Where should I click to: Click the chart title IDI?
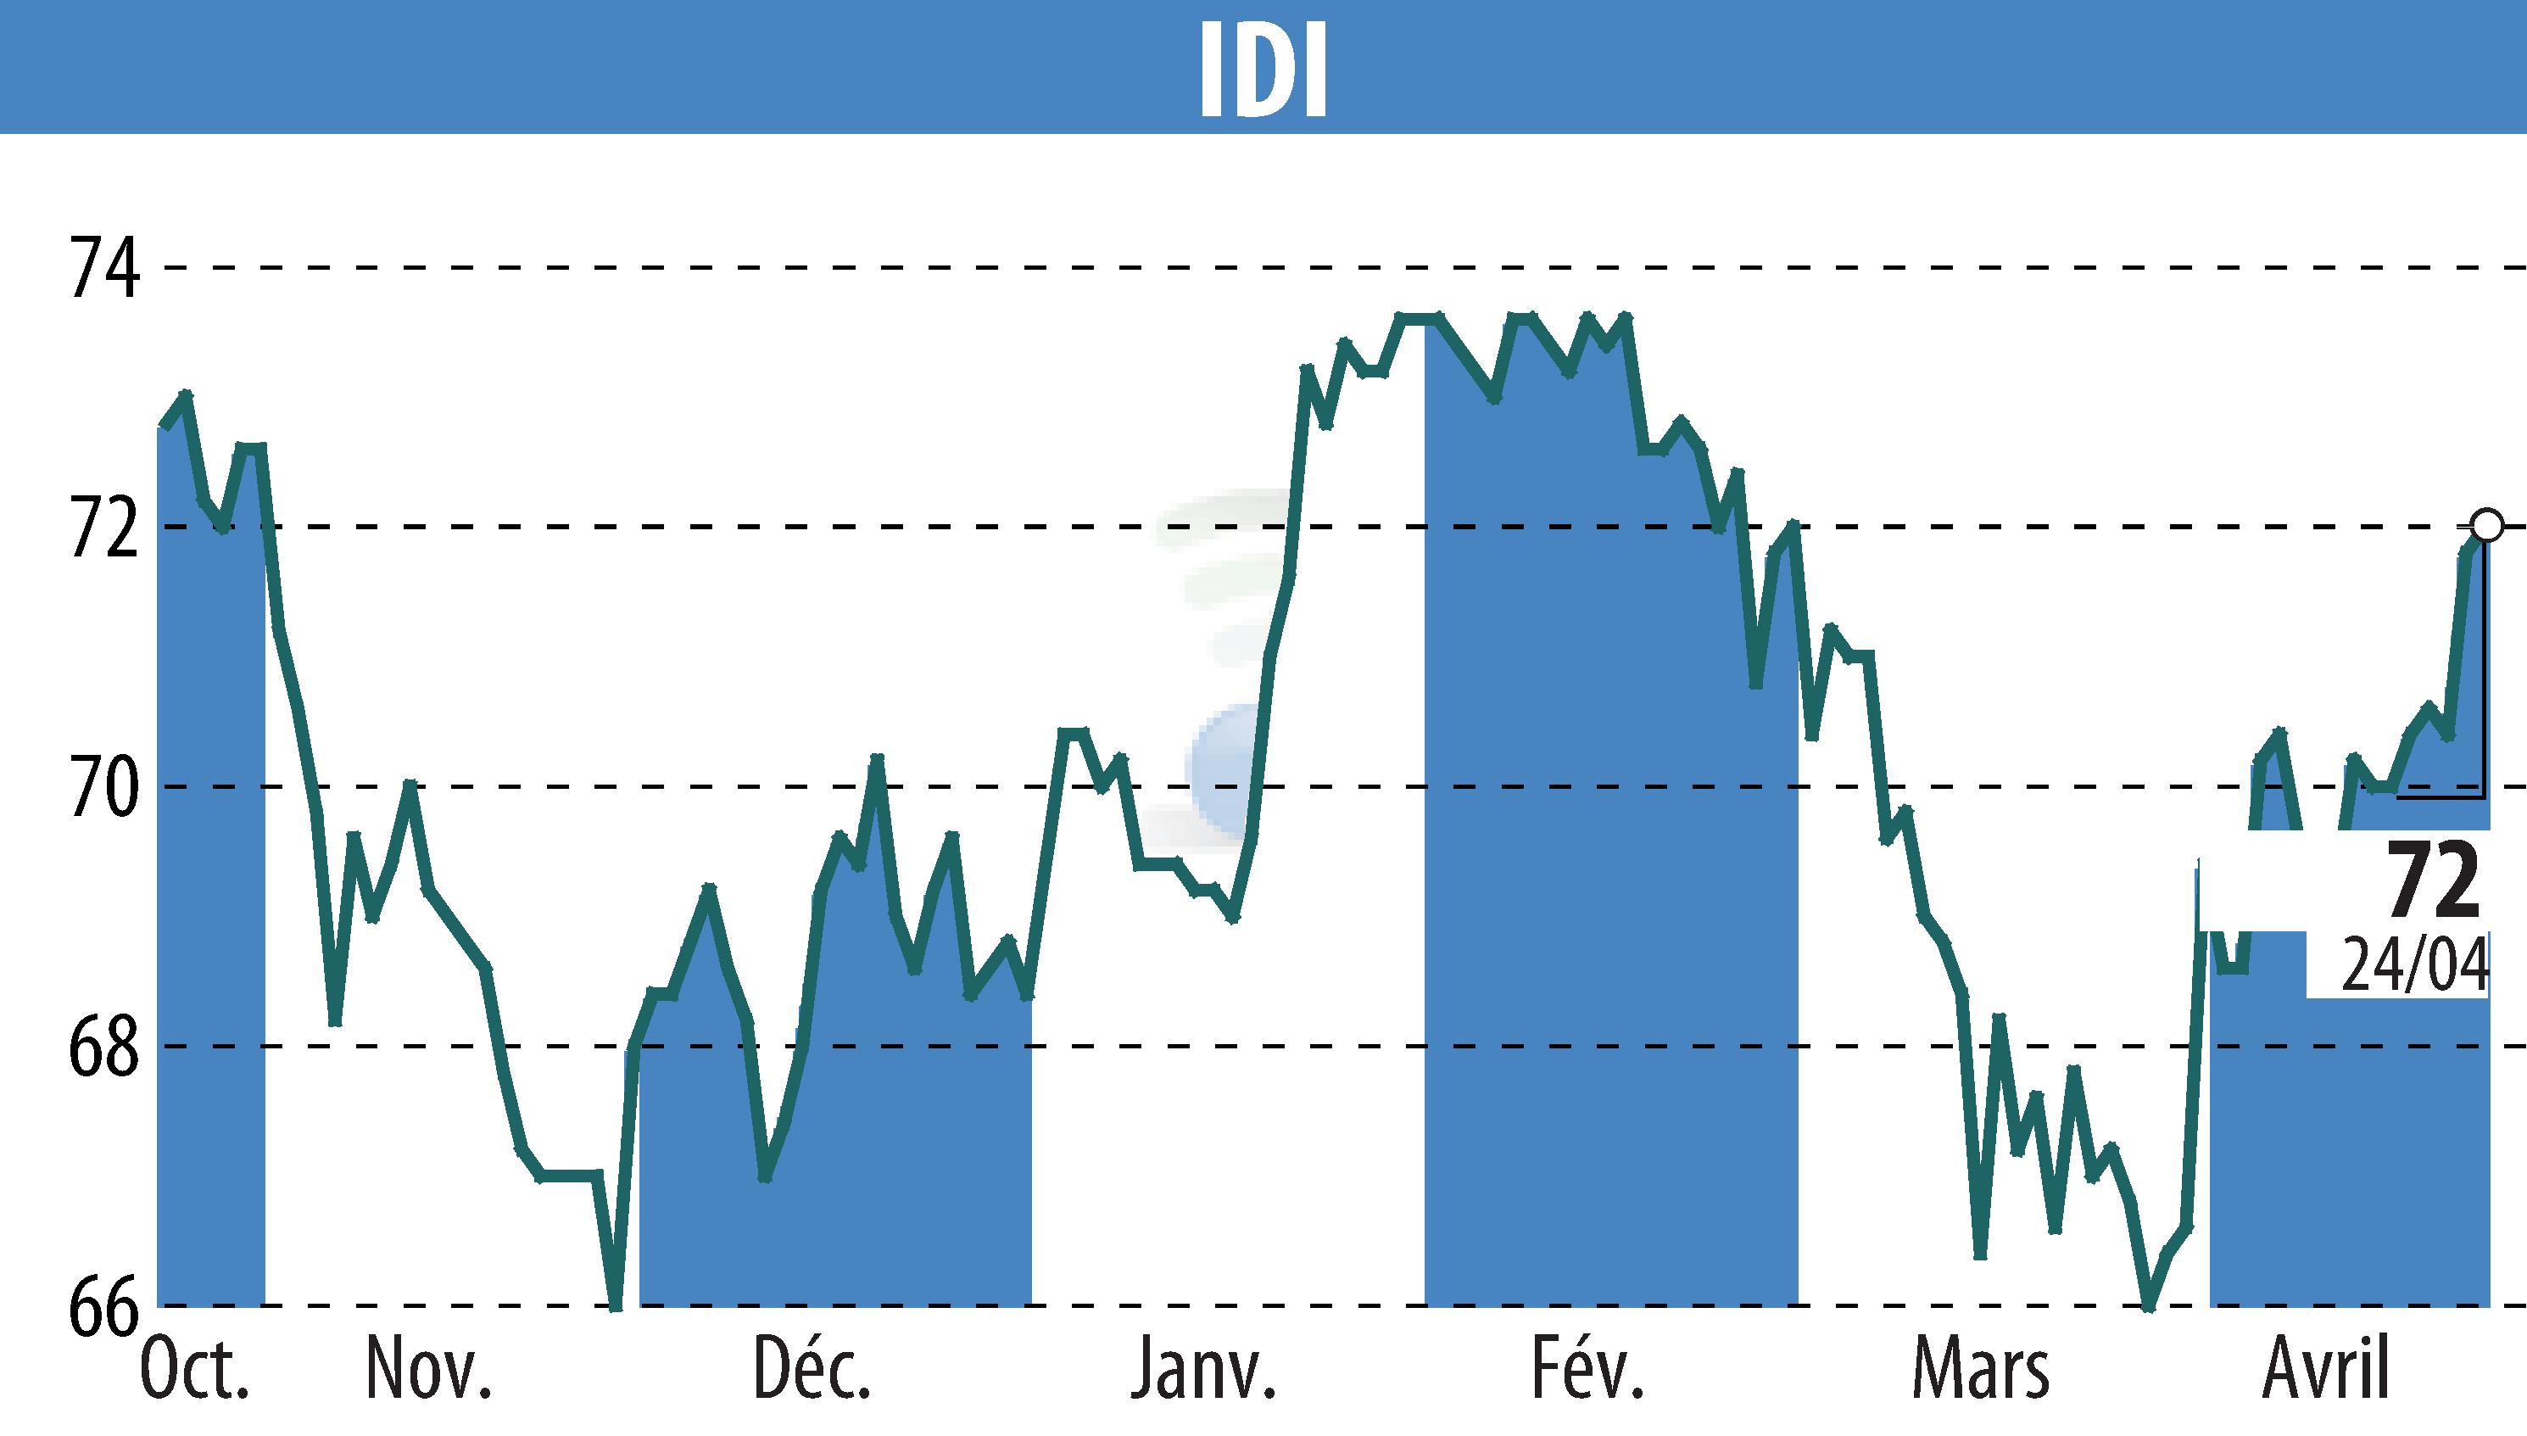(1263, 68)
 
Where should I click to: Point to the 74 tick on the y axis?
(103, 268)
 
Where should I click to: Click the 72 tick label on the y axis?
(103, 528)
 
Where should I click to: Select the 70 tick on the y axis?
(103, 788)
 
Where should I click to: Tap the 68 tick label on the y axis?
(103, 1048)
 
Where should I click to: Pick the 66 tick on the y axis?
(103, 1307)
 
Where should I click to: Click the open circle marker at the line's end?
(2486, 526)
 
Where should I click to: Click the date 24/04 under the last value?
(2414, 967)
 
